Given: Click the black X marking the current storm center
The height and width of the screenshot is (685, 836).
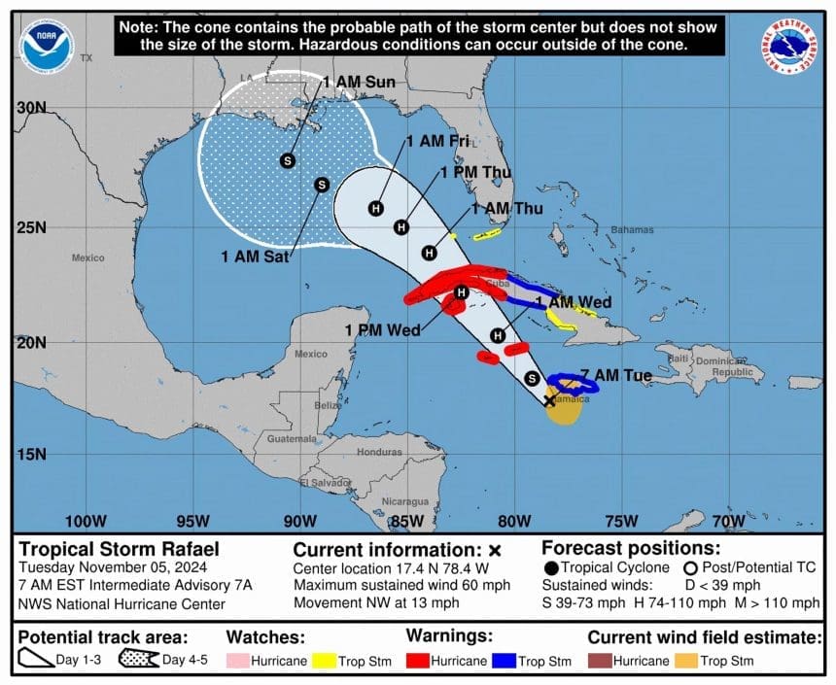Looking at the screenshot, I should click(x=549, y=400).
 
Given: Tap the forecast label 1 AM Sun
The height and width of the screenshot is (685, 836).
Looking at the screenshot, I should click(x=360, y=83).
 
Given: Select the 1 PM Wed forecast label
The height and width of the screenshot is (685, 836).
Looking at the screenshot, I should click(x=382, y=330).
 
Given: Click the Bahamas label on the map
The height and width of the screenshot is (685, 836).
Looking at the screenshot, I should click(x=632, y=230).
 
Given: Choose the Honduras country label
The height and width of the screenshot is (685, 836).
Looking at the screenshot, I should click(x=379, y=453).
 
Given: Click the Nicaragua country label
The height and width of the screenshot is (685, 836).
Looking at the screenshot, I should click(x=404, y=501).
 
